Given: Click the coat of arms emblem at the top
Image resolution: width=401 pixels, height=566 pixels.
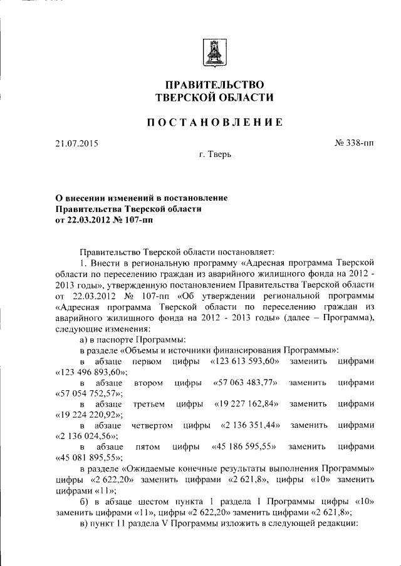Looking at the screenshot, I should coord(214,51).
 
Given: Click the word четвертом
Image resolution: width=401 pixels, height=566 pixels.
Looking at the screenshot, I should coord(152,425).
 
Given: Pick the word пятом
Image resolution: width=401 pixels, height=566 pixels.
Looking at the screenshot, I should coord(148,447).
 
